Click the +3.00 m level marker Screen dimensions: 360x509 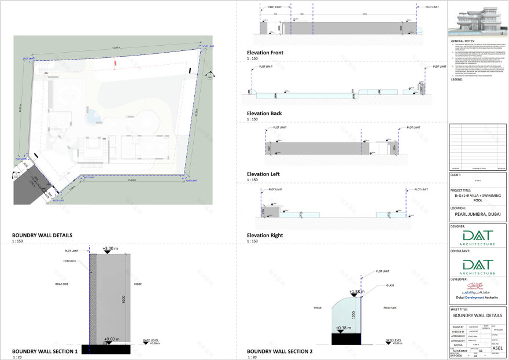coord(110,249)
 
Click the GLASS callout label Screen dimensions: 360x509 coord(392,285)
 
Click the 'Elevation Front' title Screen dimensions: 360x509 coord(264,53)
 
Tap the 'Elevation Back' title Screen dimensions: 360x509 coord(264,113)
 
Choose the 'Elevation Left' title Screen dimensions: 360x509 coord(263,174)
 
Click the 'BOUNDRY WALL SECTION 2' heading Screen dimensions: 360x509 coord(279,351)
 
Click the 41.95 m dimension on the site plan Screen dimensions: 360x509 coord(116,47)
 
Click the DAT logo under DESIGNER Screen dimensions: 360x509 coord(477,237)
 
